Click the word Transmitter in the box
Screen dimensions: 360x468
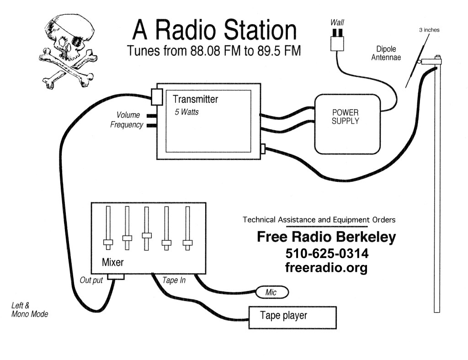point(195,99)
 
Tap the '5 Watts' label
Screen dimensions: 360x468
point(186,112)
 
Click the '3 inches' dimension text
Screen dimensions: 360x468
point(429,30)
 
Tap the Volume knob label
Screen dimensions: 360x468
point(128,115)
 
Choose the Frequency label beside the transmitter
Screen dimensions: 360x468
point(127,125)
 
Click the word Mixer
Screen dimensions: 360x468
point(112,263)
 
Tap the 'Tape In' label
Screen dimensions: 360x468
point(175,280)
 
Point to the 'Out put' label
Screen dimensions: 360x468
point(92,280)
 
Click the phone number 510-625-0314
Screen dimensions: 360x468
point(327,253)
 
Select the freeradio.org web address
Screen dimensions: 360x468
point(326,267)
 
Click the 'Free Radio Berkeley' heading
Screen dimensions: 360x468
point(326,237)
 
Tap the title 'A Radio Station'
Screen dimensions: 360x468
point(214,30)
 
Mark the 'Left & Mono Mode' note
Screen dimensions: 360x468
point(30,310)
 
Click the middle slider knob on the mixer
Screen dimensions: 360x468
point(146,235)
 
